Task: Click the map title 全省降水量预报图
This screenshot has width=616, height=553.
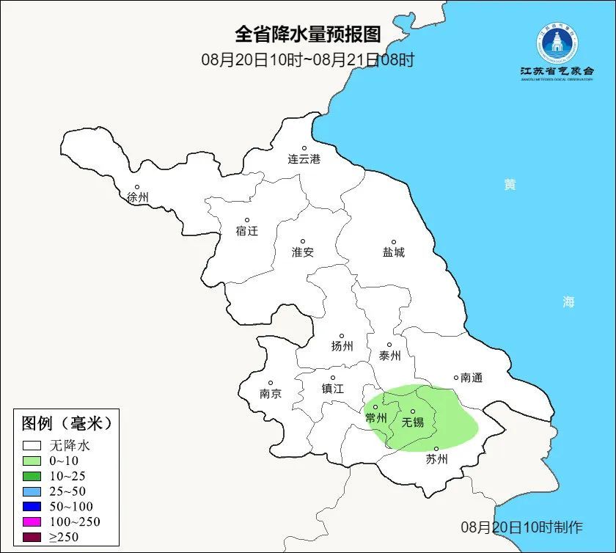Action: (x=308, y=34)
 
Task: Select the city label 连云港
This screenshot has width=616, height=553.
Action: (x=304, y=158)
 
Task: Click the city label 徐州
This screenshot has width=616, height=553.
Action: (x=138, y=197)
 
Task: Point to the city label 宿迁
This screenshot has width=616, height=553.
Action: (x=247, y=231)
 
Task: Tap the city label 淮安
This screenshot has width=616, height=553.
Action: (x=303, y=252)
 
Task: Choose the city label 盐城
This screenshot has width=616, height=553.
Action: (x=394, y=252)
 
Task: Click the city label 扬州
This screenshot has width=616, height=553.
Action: (x=342, y=346)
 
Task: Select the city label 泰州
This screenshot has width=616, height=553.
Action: (x=390, y=356)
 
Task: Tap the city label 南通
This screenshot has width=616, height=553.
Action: (x=472, y=378)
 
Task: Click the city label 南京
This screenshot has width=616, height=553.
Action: (x=271, y=393)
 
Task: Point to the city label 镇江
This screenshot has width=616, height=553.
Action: (x=333, y=389)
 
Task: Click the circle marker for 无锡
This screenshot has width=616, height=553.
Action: (x=413, y=411)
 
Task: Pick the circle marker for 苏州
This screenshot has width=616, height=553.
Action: (x=436, y=449)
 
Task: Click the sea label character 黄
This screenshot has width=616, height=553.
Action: (x=510, y=185)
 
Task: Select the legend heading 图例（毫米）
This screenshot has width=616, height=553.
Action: (x=67, y=423)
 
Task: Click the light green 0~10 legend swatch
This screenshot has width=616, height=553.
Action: (x=31, y=461)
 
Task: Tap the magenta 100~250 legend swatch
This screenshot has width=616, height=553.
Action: (x=31, y=521)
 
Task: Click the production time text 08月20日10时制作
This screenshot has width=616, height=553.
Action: (x=521, y=527)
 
